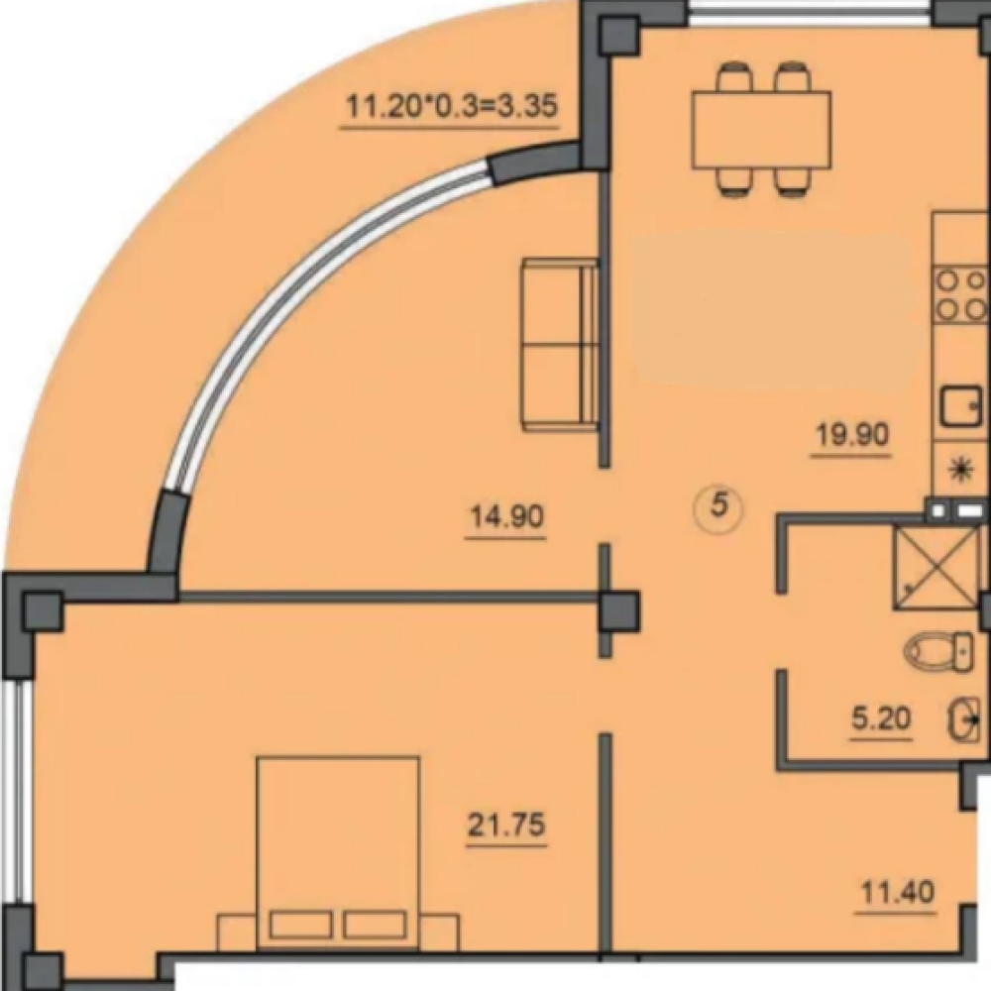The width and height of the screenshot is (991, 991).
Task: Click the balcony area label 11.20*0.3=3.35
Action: (x=451, y=106)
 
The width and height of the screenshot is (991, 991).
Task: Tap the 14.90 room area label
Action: (x=506, y=517)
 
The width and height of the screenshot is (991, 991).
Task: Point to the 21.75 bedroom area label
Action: (x=505, y=825)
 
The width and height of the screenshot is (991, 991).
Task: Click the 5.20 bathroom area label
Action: (x=880, y=718)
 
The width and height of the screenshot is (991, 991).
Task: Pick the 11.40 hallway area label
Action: (x=898, y=893)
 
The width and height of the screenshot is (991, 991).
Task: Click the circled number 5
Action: (x=719, y=506)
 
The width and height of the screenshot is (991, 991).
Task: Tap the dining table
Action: (x=761, y=130)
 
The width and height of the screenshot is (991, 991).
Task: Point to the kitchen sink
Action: (x=963, y=405)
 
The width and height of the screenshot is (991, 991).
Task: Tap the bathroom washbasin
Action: (x=964, y=719)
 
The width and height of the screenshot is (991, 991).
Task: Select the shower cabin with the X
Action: (x=936, y=568)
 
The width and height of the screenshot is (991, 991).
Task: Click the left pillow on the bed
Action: (x=300, y=925)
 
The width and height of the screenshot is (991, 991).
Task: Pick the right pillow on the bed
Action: (x=375, y=925)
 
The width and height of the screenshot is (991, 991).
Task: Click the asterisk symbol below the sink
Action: (x=962, y=469)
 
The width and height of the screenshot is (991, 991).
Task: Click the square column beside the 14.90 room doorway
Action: (x=618, y=611)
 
